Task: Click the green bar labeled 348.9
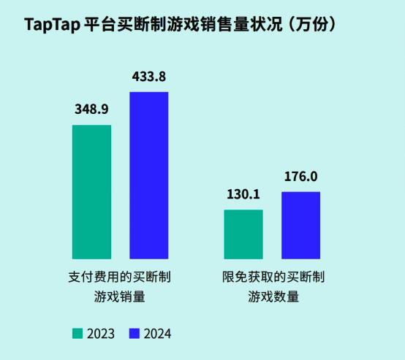coord(91,191)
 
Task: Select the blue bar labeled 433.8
coord(149,175)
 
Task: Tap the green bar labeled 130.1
coord(243,234)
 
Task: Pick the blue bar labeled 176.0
coord(300,225)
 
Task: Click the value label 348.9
coord(91,110)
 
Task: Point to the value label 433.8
coord(149,76)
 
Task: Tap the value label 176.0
coord(300,177)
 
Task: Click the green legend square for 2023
coord(77,334)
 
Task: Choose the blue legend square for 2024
coord(134,334)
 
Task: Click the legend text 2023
coord(100,334)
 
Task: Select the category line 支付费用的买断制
coord(120,278)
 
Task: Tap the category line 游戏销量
coord(120,297)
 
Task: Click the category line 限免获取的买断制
coord(273,278)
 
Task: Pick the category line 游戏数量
coord(273,297)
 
